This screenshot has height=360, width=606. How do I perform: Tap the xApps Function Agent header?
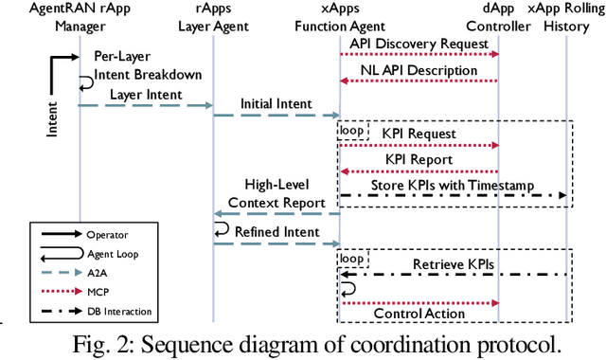[342, 18]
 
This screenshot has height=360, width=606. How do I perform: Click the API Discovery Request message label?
[419, 44]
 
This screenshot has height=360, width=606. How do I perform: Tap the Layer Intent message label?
[145, 95]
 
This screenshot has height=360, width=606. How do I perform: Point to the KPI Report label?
[419, 159]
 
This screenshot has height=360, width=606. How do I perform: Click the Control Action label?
[419, 314]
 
